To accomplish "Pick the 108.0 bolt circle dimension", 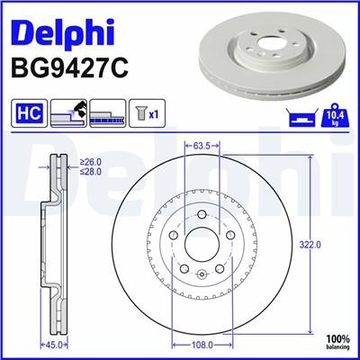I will coord(202,344).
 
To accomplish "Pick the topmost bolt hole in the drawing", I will coord(202,214).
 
